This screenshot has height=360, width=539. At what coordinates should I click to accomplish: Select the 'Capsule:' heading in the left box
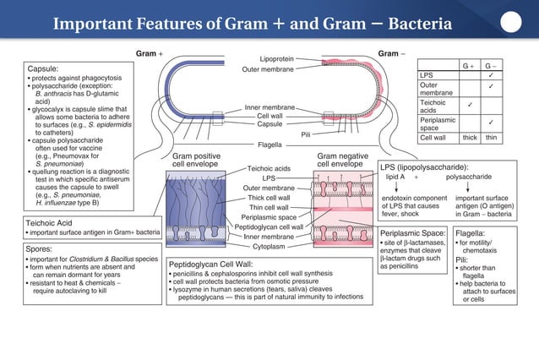click(44, 68)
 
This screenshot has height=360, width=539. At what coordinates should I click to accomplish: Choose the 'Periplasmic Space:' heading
click(412, 232)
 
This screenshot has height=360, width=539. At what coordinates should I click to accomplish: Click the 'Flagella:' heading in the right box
click(471, 232)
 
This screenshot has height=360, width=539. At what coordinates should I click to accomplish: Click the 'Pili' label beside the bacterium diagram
click(307, 134)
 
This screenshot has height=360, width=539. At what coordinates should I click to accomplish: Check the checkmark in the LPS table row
click(492, 75)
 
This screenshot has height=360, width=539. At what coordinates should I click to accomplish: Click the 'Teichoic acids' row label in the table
click(431, 106)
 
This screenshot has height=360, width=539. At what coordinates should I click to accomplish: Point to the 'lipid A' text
click(396, 177)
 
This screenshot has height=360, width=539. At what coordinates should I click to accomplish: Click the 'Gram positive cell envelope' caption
click(196, 160)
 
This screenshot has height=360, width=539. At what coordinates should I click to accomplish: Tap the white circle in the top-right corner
click(510, 21)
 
